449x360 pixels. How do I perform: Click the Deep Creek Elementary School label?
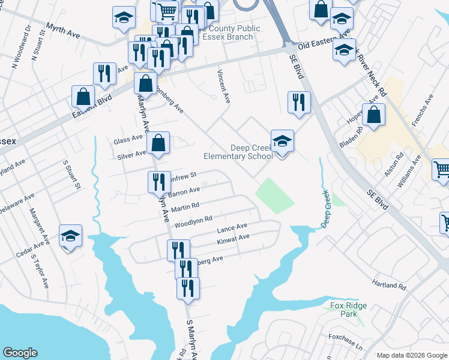coord(239,152)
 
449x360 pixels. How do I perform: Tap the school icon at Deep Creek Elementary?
coord(282,142)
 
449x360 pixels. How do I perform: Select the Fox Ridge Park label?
coord(348,310)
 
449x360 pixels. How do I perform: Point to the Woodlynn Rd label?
coord(193,222)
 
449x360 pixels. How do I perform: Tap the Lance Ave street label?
coord(232,228)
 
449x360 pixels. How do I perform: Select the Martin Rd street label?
coord(185,208)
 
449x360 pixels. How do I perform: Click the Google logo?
coord(20,353)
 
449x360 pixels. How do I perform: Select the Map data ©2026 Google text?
coord(412,355)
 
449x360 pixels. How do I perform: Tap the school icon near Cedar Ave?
coord(70,236)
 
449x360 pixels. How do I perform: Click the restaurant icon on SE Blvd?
coord(298,103)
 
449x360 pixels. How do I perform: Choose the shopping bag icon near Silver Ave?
coord(158,143)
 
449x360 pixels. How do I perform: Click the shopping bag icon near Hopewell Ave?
coord(373,115)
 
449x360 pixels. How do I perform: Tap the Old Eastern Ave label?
coord(324,44)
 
